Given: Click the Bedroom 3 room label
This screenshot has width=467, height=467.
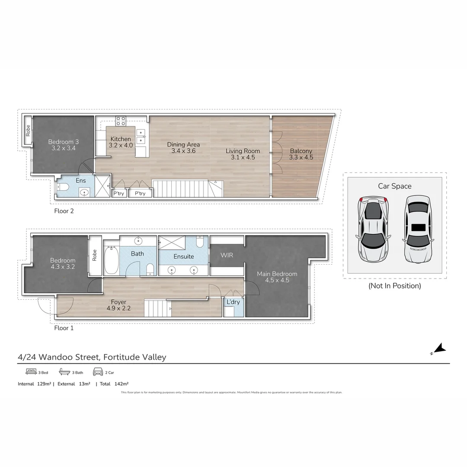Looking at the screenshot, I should pyautogui.click(x=63, y=142).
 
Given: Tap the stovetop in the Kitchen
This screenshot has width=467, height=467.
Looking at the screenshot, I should pyautogui.click(x=121, y=121).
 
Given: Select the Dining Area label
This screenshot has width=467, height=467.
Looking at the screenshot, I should pyautogui.click(x=183, y=144).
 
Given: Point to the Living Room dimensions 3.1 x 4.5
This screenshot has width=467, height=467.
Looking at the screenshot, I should pyautogui.click(x=243, y=157).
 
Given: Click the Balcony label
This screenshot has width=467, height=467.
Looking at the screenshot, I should pyautogui.click(x=301, y=151).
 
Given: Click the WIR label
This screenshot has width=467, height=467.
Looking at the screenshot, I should pyautogui.click(x=227, y=255).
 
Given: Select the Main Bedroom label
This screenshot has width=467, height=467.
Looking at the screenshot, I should pyautogui.click(x=277, y=274).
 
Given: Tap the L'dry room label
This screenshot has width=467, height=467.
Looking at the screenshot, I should pyautogui.click(x=233, y=302).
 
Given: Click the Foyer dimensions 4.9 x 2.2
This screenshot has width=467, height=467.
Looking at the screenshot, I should pyautogui.click(x=118, y=308).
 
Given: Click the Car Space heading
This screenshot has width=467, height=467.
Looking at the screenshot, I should pyautogui.click(x=394, y=186).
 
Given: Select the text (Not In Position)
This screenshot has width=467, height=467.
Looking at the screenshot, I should pyautogui.click(x=394, y=286).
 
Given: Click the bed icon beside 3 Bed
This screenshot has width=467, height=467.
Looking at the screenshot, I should pyautogui.click(x=30, y=372).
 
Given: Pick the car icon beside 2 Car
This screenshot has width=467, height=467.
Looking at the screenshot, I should pyautogui.click(x=98, y=372).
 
